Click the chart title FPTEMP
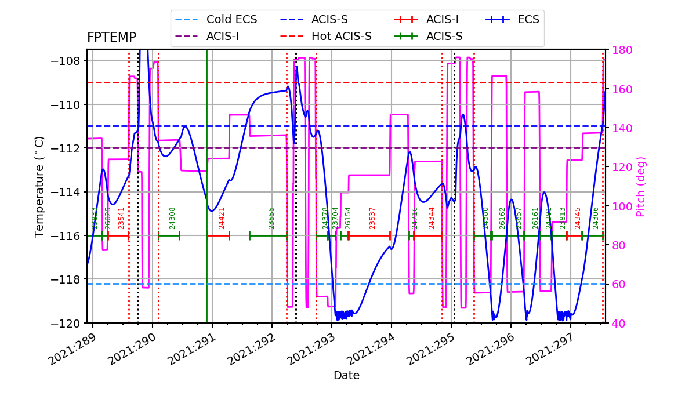(111, 38)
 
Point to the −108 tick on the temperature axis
(68, 61)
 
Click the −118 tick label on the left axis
(68, 279)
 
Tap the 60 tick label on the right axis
(616, 284)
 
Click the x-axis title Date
(346, 376)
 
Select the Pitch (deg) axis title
(641, 187)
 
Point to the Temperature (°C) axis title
(39, 186)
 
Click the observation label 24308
(172, 218)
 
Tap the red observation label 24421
(222, 218)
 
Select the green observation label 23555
(271, 218)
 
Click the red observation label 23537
(372, 218)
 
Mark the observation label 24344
(432, 218)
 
